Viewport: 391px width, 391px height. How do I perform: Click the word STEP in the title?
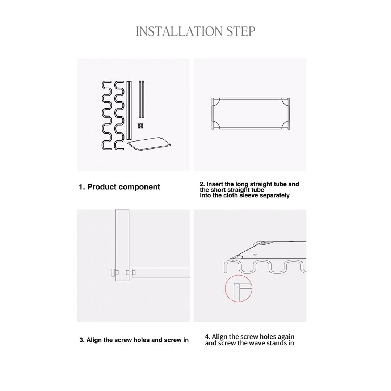tap(241, 31)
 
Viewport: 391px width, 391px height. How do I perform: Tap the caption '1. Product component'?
tap(119, 187)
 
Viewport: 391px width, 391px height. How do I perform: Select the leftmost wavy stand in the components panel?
tap(103, 115)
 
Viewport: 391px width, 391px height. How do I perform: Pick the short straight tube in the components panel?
tap(142, 99)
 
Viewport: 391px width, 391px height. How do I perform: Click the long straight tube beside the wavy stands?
tap(129, 110)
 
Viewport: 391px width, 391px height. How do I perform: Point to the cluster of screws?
tap(140, 126)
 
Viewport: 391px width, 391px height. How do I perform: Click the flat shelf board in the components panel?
tap(149, 144)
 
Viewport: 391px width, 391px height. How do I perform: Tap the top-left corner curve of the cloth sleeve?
tap(216, 102)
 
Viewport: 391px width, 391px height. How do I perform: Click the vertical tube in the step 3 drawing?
tap(122, 245)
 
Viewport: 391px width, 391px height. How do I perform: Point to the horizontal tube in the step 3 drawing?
tap(161, 273)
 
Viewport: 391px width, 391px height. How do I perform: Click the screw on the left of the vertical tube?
tap(114, 273)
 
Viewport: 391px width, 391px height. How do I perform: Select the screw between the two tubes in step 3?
tap(130, 273)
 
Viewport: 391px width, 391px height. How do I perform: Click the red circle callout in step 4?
tap(239, 289)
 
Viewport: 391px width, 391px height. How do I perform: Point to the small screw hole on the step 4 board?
tap(255, 255)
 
